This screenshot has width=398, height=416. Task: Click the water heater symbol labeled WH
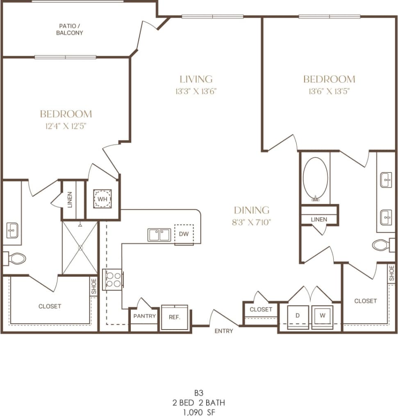pos(102,199)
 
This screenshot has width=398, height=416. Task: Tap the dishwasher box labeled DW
pos(184,234)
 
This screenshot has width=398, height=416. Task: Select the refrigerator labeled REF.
pos(174,317)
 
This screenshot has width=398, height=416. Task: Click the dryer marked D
pos(298,316)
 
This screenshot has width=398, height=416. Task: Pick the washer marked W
pos(322,316)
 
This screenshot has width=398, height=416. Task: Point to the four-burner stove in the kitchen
pos(113,280)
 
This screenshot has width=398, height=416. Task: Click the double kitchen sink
pos(159,235)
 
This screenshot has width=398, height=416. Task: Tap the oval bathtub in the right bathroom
pos(315,179)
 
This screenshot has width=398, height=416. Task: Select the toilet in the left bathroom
pos(16,258)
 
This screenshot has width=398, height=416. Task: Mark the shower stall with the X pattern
pos(80,248)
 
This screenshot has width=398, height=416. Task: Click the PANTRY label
pos(144,316)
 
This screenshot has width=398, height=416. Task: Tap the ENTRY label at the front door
pos(224,331)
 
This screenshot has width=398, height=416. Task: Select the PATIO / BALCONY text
pos(69,30)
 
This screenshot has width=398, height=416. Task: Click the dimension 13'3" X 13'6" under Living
pos(196,91)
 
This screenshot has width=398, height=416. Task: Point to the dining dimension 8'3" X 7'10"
pos(252,223)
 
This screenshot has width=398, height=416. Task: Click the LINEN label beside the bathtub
pos(319,219)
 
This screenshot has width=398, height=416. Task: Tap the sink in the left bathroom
pos(12,230)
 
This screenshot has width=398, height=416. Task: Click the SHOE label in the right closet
pos(391,273)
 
